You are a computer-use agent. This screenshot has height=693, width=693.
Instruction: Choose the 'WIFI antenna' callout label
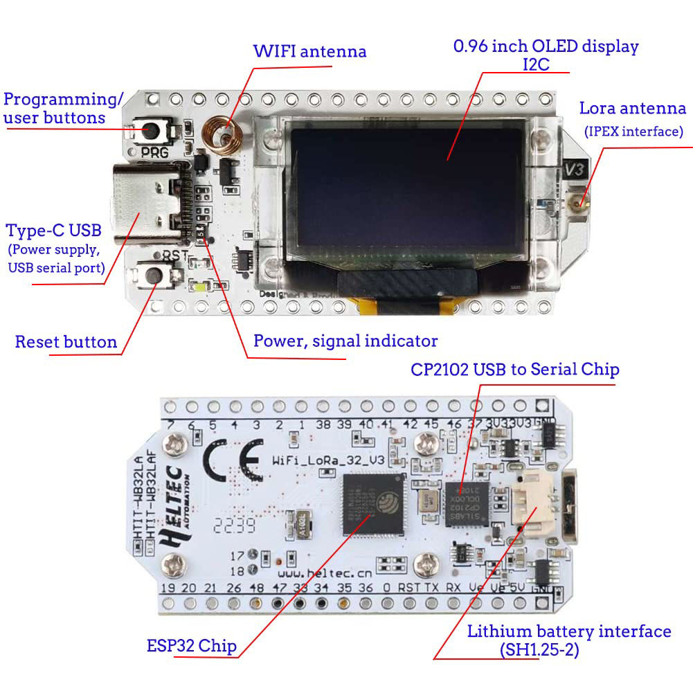point(309,51)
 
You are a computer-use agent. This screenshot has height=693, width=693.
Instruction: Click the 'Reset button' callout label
point(66,342)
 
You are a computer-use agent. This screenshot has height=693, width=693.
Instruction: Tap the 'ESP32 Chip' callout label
point(192,646)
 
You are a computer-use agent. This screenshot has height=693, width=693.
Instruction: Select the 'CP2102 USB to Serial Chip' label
point(514,370)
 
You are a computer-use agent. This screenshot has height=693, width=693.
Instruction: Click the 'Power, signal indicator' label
point(345,341)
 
